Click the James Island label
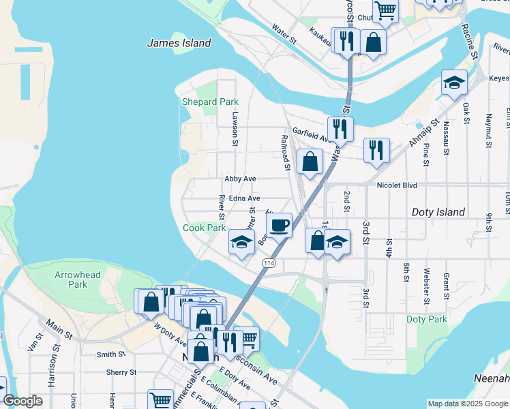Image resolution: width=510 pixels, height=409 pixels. [179, 43]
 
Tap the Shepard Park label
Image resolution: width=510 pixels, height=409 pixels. [210, 102]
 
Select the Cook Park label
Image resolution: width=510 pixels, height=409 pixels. [205, 228]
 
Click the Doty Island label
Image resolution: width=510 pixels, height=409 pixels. [438, 213]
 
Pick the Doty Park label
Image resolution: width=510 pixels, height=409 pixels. [426, 319]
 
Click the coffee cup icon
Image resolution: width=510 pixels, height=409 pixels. [278, 224]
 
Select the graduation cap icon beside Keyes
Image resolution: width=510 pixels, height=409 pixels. [454, 83]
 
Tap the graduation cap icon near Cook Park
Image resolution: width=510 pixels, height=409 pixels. [241, 243]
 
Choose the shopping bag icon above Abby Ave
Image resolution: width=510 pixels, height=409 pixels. [310, 162]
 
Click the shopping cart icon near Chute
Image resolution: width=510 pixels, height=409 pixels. [385, 11]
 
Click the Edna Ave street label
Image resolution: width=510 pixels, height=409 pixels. [244, 198]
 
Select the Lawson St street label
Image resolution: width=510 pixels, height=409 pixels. [235, 129]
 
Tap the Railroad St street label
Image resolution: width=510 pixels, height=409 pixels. [285, 151]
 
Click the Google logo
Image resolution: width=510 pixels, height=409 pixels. [22, 401]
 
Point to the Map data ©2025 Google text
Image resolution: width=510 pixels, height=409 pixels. [467, 404]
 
